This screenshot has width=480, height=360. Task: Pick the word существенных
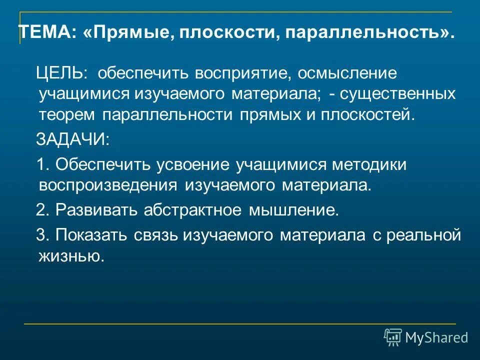(x=395, y=94)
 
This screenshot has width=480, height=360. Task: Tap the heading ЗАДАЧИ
(x=72, y=139)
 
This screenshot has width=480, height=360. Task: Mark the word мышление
(x=294, y=210)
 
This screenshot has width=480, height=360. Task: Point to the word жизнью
(x=71, y=256)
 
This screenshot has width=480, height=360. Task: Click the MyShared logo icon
(x=392, y=337)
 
